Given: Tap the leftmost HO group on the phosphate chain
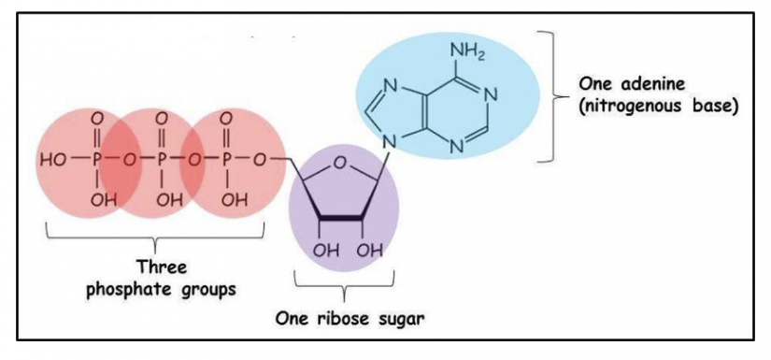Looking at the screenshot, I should [54, 159].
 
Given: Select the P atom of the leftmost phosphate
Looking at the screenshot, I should [96, 159].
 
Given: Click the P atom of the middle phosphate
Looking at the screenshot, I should [162, 159].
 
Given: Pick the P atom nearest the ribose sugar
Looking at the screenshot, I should [226, 159].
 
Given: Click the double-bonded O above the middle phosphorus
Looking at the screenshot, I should [162, 119].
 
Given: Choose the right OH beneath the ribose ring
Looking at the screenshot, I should [371, 250].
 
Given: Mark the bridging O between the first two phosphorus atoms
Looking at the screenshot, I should [129, 159].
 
